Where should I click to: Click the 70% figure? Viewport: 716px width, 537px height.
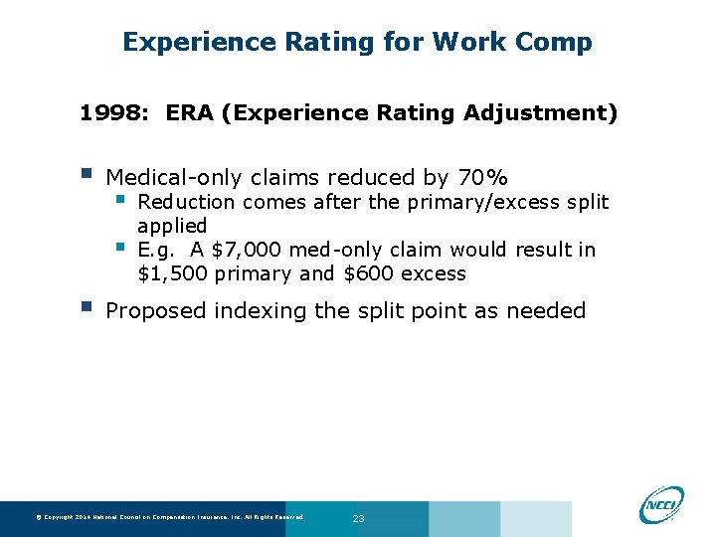coord(482,178)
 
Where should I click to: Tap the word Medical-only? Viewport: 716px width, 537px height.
coord(175,178)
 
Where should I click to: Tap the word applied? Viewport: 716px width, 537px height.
coord(172,226)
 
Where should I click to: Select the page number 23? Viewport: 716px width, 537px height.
coord(359,518)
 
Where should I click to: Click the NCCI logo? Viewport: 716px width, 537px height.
coord(662,503)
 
